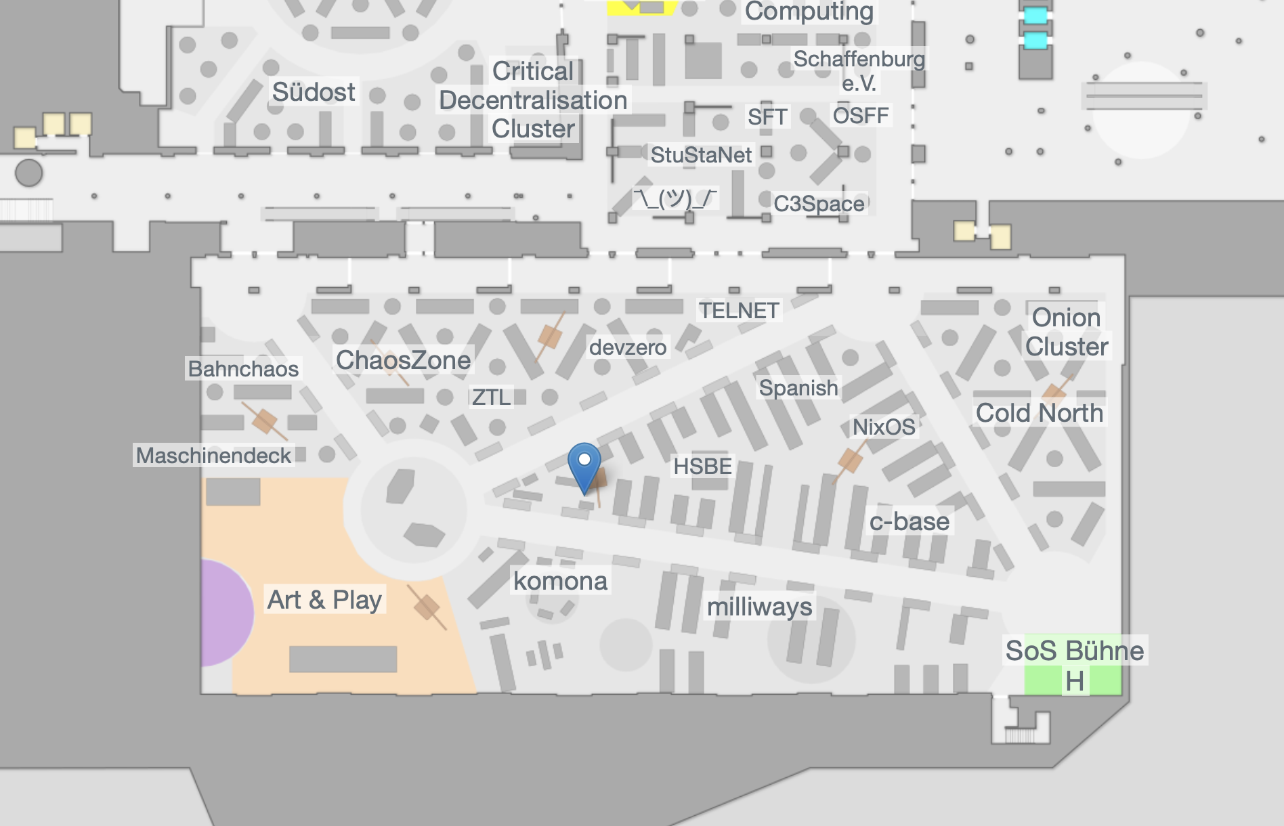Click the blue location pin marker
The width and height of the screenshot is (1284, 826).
[584, 465]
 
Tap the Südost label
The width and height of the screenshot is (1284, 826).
[313, 92]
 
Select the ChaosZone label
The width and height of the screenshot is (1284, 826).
[403, 360]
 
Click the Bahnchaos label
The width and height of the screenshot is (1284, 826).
[243, 369]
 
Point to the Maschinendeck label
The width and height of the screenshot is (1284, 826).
[213, 456]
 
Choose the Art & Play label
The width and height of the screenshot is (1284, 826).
[324, 600]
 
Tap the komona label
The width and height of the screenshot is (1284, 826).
[560, 581]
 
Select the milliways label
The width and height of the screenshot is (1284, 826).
[759, 607]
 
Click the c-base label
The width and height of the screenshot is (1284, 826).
[909, 521]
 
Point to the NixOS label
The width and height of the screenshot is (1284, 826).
[884, 427]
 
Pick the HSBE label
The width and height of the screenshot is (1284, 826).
[702, 466]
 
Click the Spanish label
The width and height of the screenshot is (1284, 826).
[798, 388]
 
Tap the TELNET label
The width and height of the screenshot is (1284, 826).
[739, 311]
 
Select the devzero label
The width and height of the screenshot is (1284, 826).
[628, 347]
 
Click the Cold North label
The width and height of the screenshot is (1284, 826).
[1039, 413]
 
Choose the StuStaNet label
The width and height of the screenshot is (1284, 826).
[701, 155]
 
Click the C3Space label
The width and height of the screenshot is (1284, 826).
[819, 204]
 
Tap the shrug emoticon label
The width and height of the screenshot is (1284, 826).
[675, 198]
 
